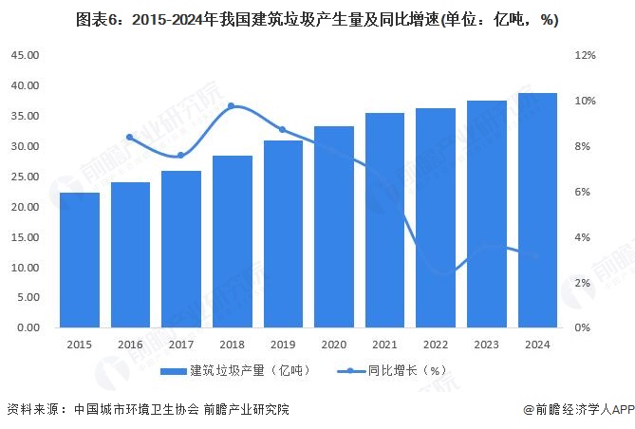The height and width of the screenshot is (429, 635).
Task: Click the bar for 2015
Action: pyautogui.click(x=80, y=260)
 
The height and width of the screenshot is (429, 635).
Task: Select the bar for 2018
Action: pyautogui.click(x=233, y=242)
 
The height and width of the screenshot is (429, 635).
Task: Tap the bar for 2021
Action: pyautogui.click(x=384, y=220)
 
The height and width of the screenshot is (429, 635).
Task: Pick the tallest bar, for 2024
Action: pyautogui.click(x=537, y=211)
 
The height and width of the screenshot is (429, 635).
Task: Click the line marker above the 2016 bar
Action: pyautogui.click(x=130, y=138)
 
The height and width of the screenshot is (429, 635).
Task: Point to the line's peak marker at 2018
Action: pyautogui.click(x=233, y=106)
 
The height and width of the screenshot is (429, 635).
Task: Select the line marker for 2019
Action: pyautogui.click(x=283, y=129)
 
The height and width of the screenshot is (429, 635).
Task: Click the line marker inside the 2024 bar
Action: pyautogui.click(x=537, y=255)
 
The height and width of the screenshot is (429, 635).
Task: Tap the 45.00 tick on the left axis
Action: pyautogui.click(x=26, y=55)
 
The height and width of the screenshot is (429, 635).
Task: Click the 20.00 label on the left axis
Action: pyautogui.click(x=26, y=207)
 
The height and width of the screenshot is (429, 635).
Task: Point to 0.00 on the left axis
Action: pyautogui.click(x=28, y=328)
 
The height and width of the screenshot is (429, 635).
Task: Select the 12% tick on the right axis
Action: pyautogui.click(x=585, y=55)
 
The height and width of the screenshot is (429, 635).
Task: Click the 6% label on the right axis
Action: pyautogui.click(x=583, y=192)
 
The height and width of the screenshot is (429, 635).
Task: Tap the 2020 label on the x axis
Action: pyautogui.click(x=333, y=346)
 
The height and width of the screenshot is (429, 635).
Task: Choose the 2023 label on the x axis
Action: pyautogui.click(x=486, y=346)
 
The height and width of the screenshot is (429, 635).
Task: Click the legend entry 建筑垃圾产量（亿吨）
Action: pyautogui.click(x=237, y=370)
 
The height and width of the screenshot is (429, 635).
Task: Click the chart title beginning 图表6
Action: pyautogui.click(x=317, y=19)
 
